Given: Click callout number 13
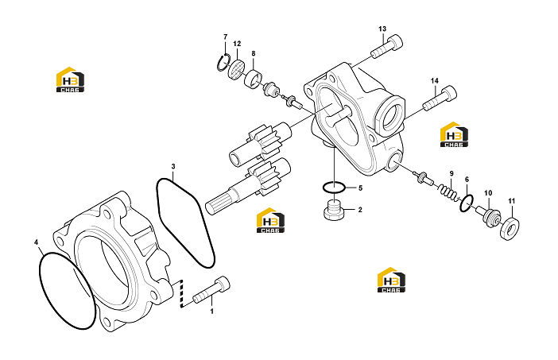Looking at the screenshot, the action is pos(382,29).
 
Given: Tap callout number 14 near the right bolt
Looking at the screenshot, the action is pos(435,81).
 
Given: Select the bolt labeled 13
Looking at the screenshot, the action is pos(386,47).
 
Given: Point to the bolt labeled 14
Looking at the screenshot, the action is pos(440,99).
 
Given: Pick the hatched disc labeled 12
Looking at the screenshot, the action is pos(236,70).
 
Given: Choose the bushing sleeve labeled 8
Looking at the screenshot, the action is pos(253,79).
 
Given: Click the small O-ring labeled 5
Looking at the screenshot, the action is pos(333,187).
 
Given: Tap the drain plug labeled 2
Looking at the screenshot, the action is pos(332,211).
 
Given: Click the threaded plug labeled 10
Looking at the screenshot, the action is pos(488,215).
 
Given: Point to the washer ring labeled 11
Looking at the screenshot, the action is pos(510,228).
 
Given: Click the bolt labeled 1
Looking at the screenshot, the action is pos(211,290).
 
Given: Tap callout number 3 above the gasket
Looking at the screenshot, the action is pos(173,166).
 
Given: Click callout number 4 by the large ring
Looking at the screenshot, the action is pos(36,242).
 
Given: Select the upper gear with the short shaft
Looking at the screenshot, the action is pos(260,142).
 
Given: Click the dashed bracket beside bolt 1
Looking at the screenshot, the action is pos(181,293).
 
